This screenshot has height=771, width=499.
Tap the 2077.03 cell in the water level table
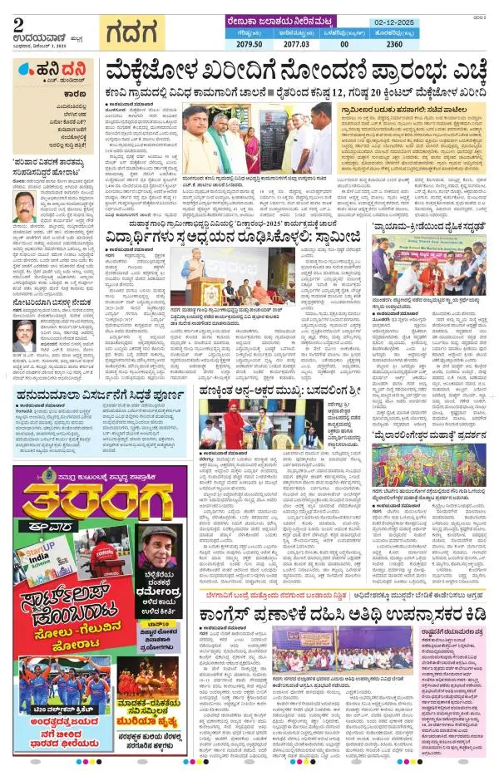pos(297,44)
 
